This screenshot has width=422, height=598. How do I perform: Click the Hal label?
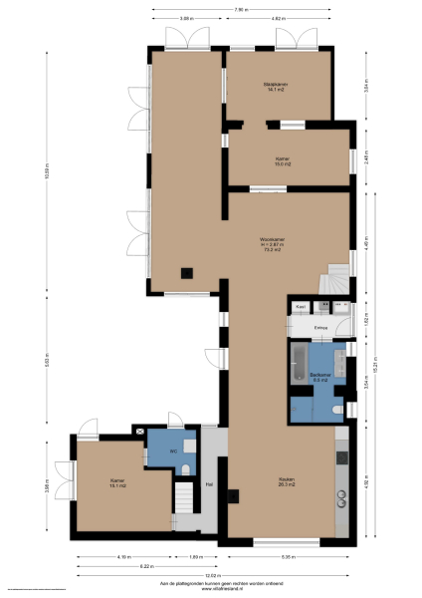pyautogui.click(x=209, y=484)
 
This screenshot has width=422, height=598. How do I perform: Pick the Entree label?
pyautogui.click(x=320, y=327)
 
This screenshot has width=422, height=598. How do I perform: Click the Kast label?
pyautogui.click(x=300, y=307)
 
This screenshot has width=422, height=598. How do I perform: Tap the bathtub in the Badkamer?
pyautogui.click(x=298, y=366)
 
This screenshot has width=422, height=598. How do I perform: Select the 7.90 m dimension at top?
pyautogui.click(x=241, y=10)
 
